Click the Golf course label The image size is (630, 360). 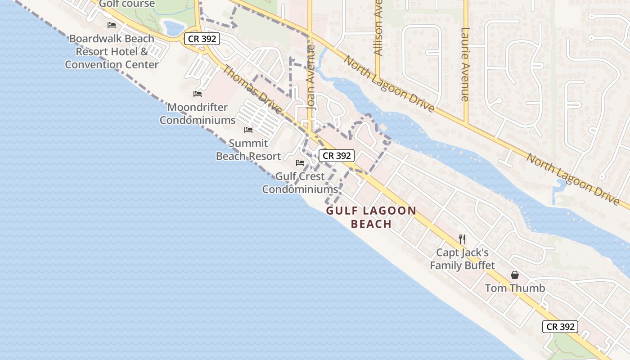pos(126,4)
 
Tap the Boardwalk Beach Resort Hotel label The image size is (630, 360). pos(112,51)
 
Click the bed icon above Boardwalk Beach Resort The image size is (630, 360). pos(112,25)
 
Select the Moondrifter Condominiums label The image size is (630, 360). pos(198,114)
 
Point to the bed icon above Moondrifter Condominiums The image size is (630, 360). pos(198,94)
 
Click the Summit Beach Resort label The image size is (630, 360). pos(248,149)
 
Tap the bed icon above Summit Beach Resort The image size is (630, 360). pos(248,130)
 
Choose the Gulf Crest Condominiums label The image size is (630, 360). pos(300,183)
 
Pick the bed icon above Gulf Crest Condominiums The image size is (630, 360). pos(300,163)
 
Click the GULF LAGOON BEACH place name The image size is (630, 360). pos(371,217)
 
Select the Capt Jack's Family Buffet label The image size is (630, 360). pos(462,259)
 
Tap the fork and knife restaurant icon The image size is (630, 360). pos(462,239)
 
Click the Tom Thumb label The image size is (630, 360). pos(515,288)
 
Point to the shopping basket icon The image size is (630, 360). pos(515,275)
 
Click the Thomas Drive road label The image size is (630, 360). pos(252,90)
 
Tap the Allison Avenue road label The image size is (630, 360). pos(378,29)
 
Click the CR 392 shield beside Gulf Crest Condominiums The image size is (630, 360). pos(337,156)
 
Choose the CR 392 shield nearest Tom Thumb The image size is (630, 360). pos(560,327)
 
